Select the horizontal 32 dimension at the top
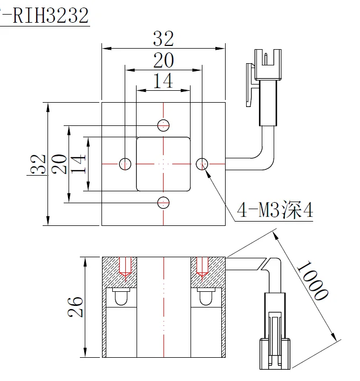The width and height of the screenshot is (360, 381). tap(163, 38)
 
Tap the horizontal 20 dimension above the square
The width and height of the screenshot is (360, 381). tap(163, 61)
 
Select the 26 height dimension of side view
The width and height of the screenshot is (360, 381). tap(76, 306)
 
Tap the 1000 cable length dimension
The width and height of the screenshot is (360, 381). tap(313, 280)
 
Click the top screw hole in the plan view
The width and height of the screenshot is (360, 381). tap(164, 125)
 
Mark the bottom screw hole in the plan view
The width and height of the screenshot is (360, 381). tap(164, 202)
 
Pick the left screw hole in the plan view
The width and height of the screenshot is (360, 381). tap(125, 163)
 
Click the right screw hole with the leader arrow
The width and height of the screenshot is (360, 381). tap(202, 163)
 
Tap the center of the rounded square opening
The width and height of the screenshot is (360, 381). tap(164, 163)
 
